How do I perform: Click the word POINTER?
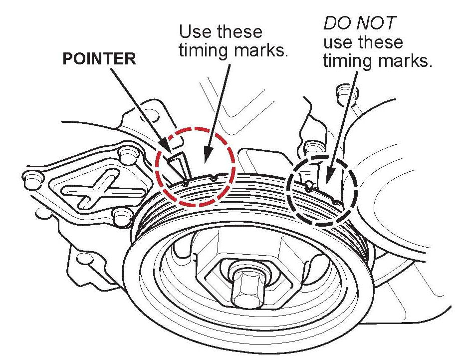[x=99, y=58]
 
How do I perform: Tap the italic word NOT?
[x=377, y=22]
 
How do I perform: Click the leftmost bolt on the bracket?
[x=31, y=177]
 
